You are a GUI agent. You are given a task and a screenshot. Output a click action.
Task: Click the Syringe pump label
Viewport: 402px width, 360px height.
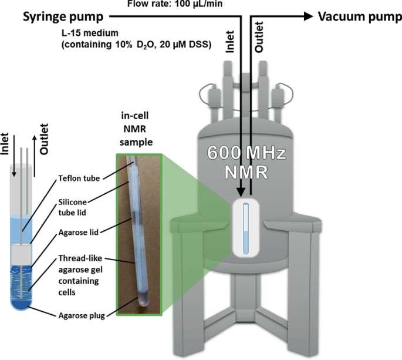pos(63,17)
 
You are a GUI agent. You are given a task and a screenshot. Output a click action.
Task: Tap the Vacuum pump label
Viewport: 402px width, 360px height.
pos(360,16)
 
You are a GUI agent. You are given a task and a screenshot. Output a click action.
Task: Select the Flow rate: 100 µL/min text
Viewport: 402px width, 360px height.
pos(175,4)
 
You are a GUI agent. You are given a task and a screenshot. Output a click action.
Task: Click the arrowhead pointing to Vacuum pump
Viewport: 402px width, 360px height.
pos(308,16)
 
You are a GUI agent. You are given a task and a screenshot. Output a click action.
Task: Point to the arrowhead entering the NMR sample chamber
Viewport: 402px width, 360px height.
pos(241,192)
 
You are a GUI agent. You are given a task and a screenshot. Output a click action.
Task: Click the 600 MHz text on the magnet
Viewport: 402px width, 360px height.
pos(246,153)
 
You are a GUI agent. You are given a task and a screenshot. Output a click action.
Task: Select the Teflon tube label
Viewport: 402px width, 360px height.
pos(79,178)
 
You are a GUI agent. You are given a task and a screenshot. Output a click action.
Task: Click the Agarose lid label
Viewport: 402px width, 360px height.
pos(79,232)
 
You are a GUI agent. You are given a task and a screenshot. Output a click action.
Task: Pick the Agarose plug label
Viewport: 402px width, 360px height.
pos(82,315)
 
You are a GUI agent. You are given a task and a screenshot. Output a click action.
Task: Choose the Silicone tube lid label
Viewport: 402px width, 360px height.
pos(73,207)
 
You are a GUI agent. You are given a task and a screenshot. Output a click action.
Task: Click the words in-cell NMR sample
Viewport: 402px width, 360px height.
pos(136,129)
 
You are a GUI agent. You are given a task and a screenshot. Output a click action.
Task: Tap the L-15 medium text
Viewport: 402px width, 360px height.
pos(90,33)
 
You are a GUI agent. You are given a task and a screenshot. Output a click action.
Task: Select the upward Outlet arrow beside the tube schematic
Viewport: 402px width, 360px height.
pos(35,156)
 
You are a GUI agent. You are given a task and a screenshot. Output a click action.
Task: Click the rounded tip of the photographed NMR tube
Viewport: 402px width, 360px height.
pos(144,303)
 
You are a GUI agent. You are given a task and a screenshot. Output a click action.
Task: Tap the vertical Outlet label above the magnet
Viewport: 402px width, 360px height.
pos(259,37)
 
